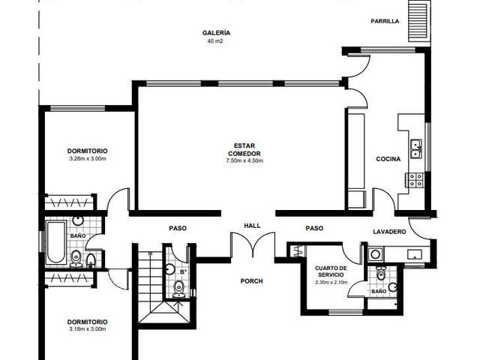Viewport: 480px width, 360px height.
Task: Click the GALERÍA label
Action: coord(216,33)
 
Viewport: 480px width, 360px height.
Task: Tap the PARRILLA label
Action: coord(385,21)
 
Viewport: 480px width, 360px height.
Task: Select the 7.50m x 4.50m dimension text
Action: coord(244,160)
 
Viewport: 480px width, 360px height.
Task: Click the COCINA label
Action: coord(388,159)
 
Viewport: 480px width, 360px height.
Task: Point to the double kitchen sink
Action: coord(416,149)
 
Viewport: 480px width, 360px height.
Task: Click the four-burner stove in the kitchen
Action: coord(415,180)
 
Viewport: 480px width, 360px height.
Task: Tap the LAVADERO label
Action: coord(389,232)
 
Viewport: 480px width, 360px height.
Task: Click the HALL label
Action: coord(252,226)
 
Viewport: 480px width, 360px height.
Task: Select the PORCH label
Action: coord(252,281)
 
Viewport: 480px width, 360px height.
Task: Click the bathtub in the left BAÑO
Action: coord(56,242)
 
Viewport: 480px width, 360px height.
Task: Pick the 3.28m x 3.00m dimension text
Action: coord(88,158)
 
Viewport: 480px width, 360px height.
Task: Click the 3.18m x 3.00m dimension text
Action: coord(88,329)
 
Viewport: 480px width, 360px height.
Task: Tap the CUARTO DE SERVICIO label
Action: coord(331,271)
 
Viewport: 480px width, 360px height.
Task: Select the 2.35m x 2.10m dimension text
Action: coord(331,282)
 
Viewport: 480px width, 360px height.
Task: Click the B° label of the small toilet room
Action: coord(183,271)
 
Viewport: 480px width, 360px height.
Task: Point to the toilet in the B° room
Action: coord(178,289)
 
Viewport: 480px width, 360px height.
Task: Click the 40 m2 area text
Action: coord(215,40)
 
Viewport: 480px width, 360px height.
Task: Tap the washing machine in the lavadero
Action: coord(375,253)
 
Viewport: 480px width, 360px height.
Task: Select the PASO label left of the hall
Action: coord(178,228)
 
